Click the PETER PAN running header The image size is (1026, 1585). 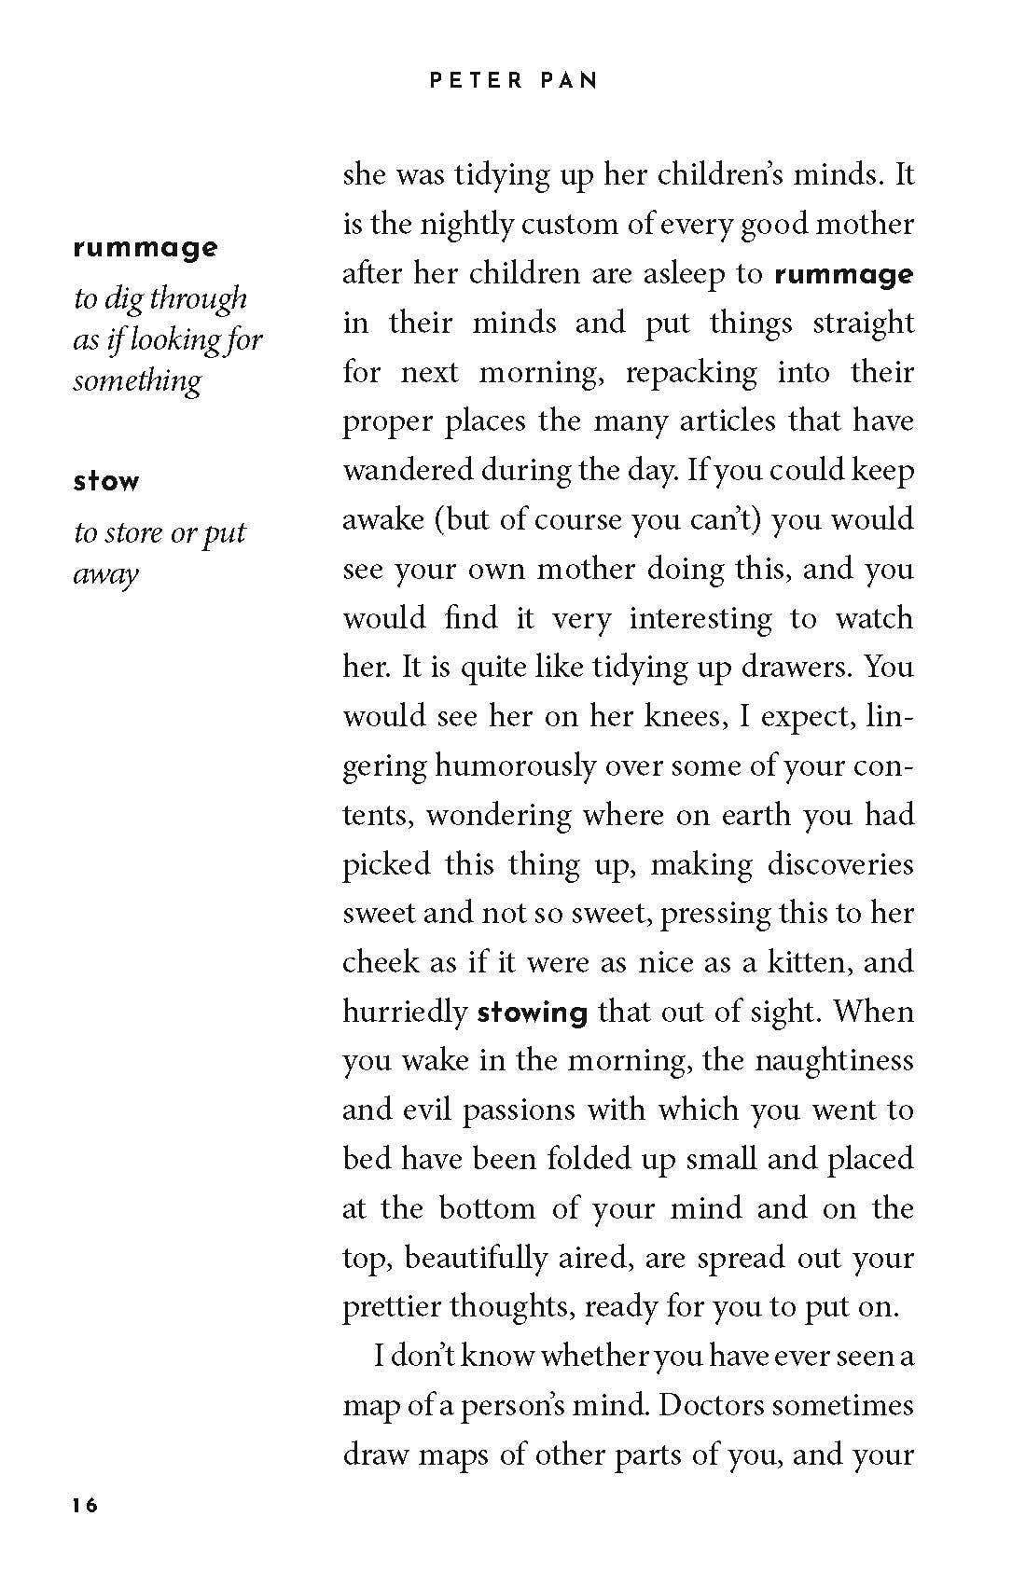pyautogui.click(x=513, y=81)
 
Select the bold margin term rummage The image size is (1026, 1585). pyautogui.click(x=146, y=249)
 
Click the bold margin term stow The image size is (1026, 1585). pyautogui.click(x=105, y=482)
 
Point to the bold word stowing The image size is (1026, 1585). pyautogui.click(x=532, y=1012)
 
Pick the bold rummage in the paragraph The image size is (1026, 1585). pyautogui.click(x=844, y=274)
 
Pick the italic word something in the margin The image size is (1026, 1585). pyautogui.click(x=137, y=381)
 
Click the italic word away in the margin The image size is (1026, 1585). pyautogui.click(x=105, y=573)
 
